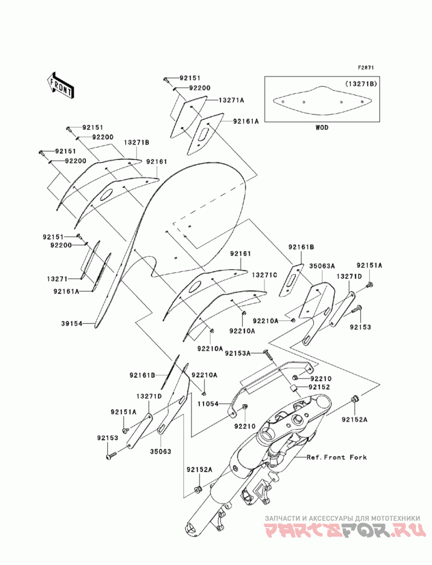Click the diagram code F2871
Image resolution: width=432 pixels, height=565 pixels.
(366, 67)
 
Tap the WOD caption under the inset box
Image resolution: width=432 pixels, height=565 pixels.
(322, 127)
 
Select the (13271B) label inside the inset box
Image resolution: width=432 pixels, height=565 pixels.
(361, 84)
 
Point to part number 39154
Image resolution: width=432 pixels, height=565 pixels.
(72, 324)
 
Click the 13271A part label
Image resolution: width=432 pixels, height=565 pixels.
(231, 100)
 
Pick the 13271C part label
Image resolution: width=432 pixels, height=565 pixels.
(264, 275)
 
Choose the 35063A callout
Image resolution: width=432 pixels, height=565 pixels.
(322, 266)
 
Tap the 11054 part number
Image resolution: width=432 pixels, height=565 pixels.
(208, 404)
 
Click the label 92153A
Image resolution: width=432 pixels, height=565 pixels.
(237, 353)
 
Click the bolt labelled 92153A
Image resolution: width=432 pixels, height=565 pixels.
(268, 355)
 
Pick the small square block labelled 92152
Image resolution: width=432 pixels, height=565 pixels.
(294, 387)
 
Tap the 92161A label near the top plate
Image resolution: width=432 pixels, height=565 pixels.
(246, 122)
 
